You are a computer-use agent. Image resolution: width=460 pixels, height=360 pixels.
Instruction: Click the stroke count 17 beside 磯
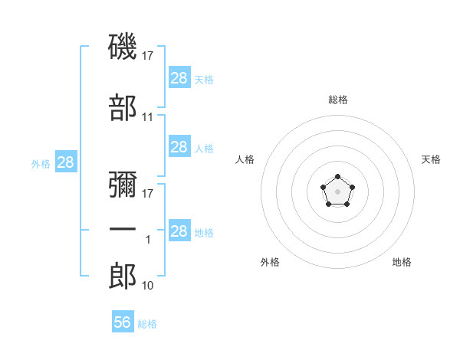pyautogui.click(x=148, y=55)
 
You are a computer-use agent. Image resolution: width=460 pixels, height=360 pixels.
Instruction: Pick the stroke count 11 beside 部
pyautogui.click(x=148, y=117)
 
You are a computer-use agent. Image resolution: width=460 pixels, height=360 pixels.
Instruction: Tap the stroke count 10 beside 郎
pyautogui.click(x=148, y=286)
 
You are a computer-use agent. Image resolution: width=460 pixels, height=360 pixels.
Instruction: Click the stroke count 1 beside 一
pyautogui.click(x=148, y=240)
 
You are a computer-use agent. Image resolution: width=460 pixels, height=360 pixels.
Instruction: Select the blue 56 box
pyautogui.click(x=123, y=322)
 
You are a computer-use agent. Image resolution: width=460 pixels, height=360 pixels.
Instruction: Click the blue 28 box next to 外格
pyautogui.click(x=66, y=162)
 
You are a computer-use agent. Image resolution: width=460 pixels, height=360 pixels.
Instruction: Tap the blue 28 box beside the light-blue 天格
pyautogui.click(x=179, y=78)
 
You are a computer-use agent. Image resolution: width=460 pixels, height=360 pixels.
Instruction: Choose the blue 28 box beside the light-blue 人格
pyautogui.click(x=179, y=147)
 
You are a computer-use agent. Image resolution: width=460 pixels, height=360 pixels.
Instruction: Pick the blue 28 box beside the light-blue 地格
pyautogui.click(x=179, y=231)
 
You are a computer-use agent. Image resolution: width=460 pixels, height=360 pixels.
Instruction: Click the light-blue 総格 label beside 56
pyautogui.click(x=147, y=324)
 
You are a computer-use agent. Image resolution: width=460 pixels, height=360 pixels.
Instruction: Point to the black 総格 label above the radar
pyautogui.click(x=337, y=100)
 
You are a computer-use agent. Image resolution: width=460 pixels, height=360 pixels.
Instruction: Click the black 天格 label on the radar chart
pyautogui.click(x=431, y=159)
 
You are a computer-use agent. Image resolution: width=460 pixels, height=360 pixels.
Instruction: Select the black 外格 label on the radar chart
pyautogui.click(x=270, y=262)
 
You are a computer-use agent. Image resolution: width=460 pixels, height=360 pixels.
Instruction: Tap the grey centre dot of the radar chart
pyautogui.click(x=337, y=191)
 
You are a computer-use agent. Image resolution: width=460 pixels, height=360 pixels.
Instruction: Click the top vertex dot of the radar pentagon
pyautogui.click(x=337, y=177)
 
